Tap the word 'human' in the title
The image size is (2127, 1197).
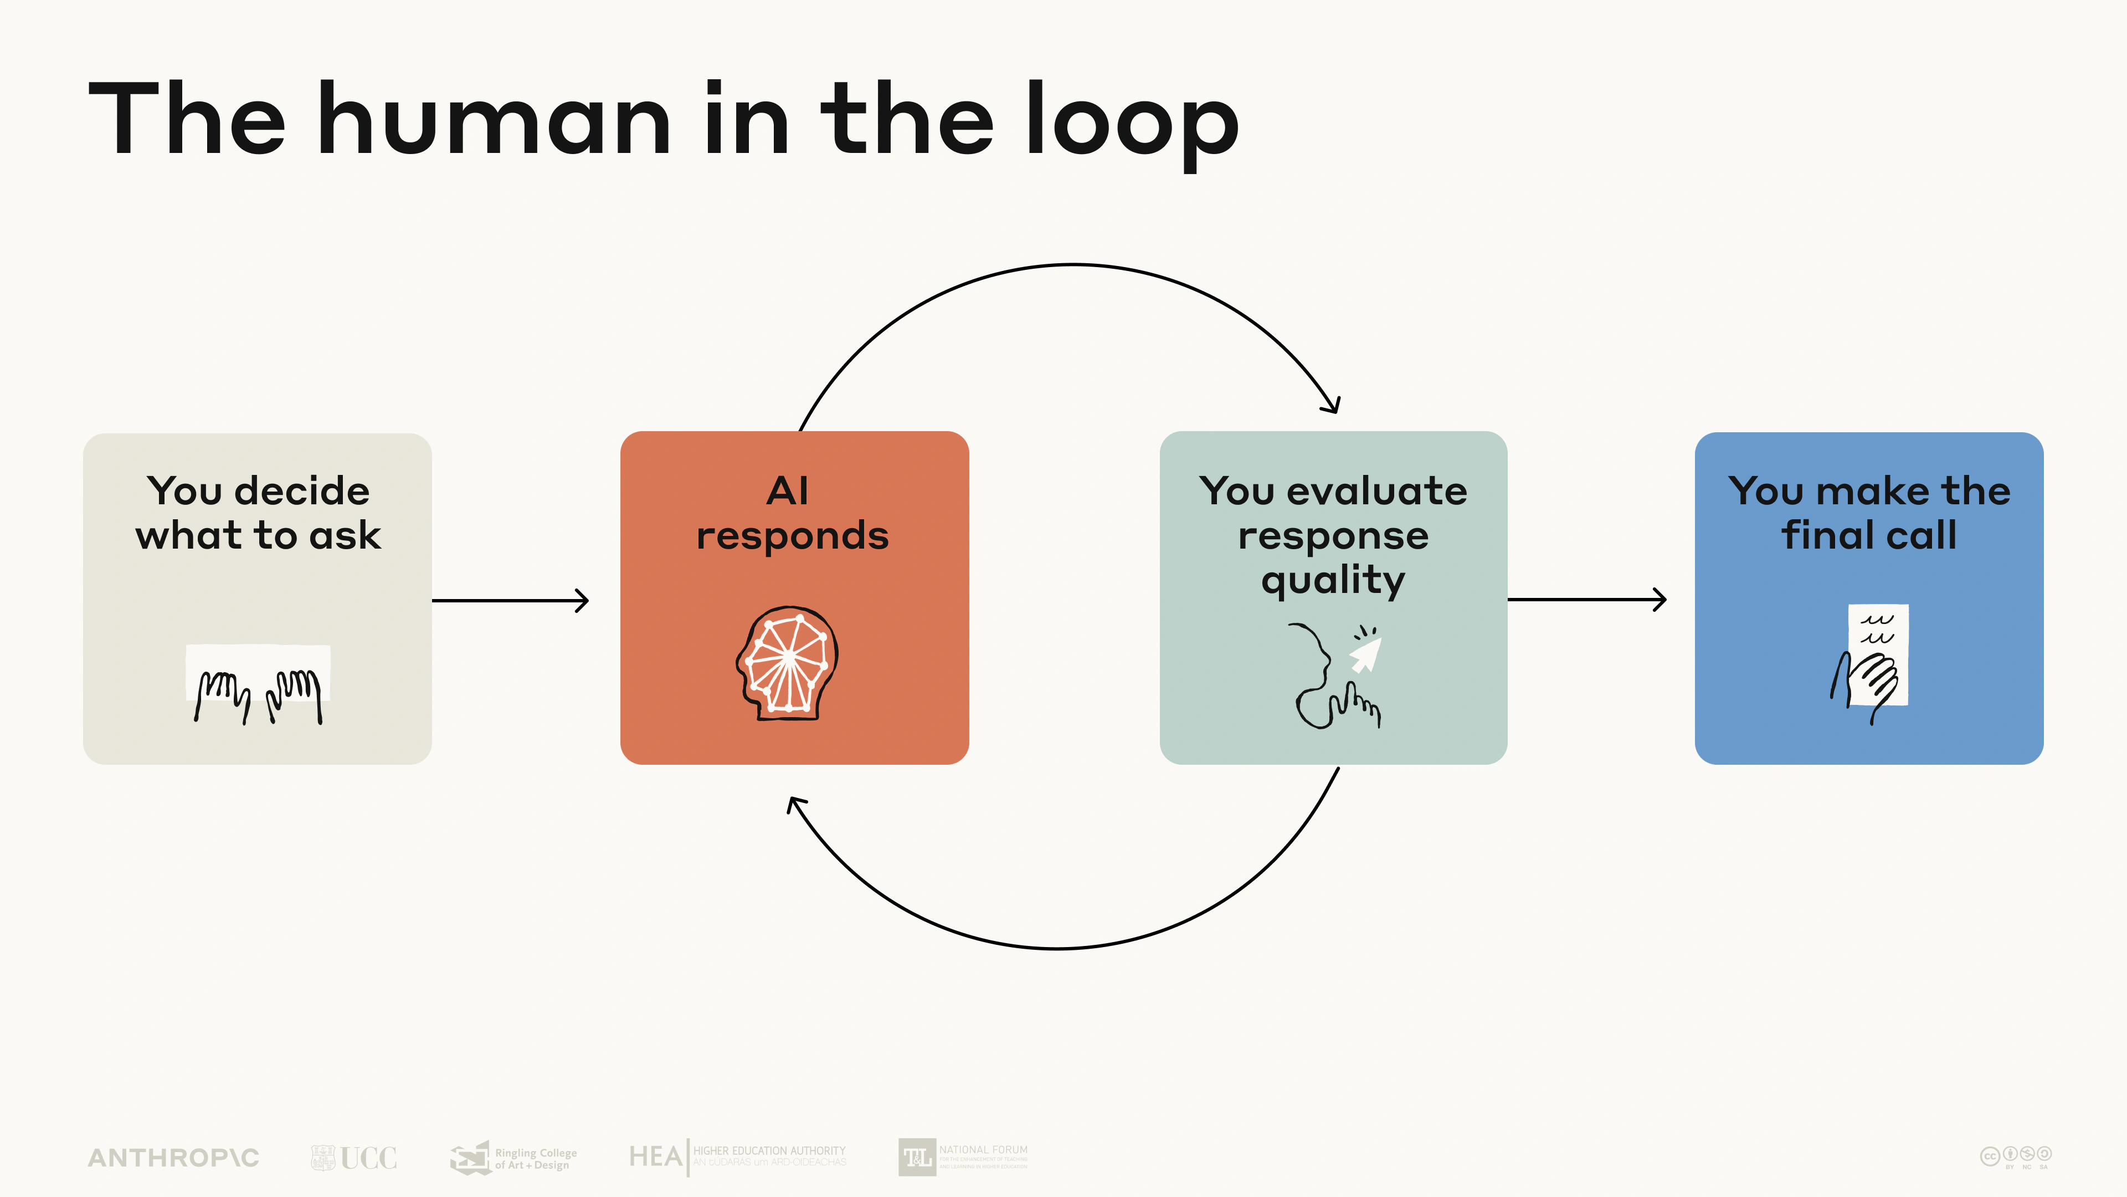coord(494,120)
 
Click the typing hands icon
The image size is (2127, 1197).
coord(258,686)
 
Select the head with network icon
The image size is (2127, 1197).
coord(788,663)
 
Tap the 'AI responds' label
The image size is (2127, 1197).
coord(792,513)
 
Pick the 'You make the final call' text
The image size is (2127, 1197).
coord(1868,513)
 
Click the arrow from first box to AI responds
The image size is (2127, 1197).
coord(510,601)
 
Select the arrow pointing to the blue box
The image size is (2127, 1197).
coord(1586,600)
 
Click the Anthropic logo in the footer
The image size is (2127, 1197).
coord(173,1157)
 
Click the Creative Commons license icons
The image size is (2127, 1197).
coord(2016,1155)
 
